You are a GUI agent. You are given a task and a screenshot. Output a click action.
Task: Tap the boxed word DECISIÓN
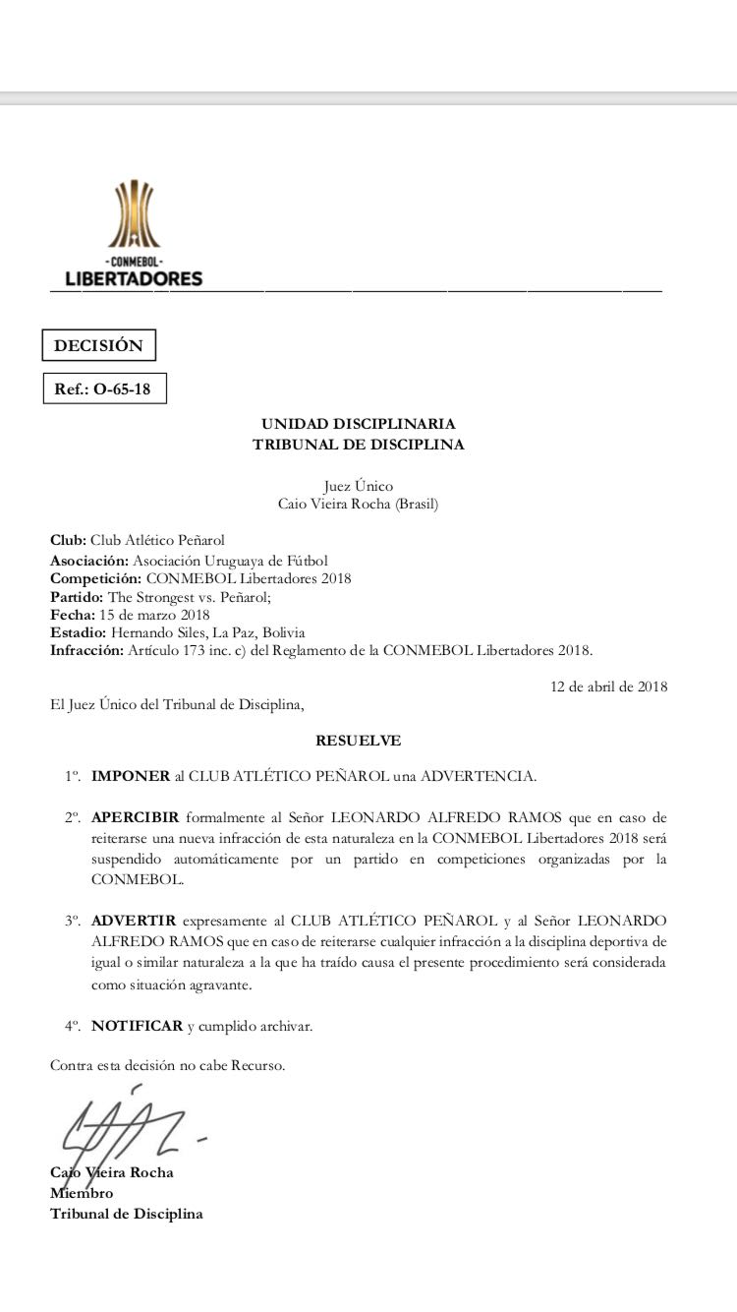coord(98,346)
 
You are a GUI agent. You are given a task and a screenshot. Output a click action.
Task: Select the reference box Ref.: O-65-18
coord(103,388)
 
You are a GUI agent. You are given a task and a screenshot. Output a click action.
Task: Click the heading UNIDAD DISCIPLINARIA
coord(358,424)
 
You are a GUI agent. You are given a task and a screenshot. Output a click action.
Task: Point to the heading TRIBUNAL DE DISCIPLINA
coord(358,445)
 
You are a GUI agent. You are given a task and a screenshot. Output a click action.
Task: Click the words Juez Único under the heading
coord(358,486)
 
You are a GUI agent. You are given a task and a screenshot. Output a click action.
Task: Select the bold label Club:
coord(69,540)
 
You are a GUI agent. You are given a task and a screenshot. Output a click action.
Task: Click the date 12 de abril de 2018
coord(608,686)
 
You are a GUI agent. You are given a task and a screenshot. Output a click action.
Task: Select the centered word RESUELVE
coord(358,740)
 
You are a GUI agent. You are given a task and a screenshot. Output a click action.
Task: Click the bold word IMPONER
coord(131,776)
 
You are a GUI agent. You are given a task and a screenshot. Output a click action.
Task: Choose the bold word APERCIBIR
coord(136,818)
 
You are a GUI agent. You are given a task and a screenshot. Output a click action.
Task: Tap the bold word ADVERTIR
coord(134,921)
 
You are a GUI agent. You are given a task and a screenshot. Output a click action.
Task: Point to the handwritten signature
coord(123,1127)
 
